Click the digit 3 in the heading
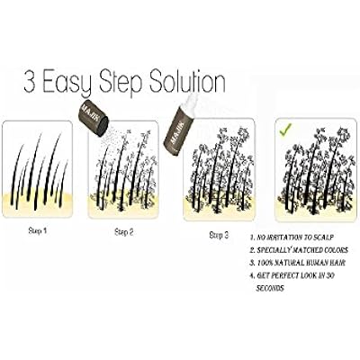click(x=30, y=81)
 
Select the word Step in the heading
click(x=120, y=83)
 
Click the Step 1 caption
click(x=38, y=231)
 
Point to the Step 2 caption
click(x=124, y=232)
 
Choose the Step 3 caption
click(x=219, y=236)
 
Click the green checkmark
click(x=285, y=130)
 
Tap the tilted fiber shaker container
click(x=94, y=120)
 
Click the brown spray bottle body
click(x=175, y=131)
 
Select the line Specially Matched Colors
click(x=299, y=250)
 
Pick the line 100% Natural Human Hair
click(x=298, y=263)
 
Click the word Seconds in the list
click(x=270, y=288)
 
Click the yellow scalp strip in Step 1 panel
click(x=38, y=204)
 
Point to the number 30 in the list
click(x=330, y=275)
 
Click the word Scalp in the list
click(x=323, y=238)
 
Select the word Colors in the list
click(x=336, y=250)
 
